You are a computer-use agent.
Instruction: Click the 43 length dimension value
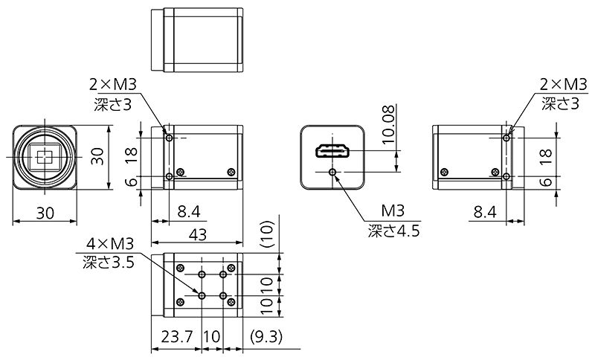tap(196, 234)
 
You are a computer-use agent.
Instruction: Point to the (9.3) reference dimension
tap(266, 337)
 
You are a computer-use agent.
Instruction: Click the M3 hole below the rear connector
tap(332, 173)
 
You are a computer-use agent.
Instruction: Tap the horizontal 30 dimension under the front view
tap(45, 213)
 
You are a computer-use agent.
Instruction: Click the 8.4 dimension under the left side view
tap(188, 213)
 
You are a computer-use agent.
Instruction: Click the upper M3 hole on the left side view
tap(170, 138)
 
